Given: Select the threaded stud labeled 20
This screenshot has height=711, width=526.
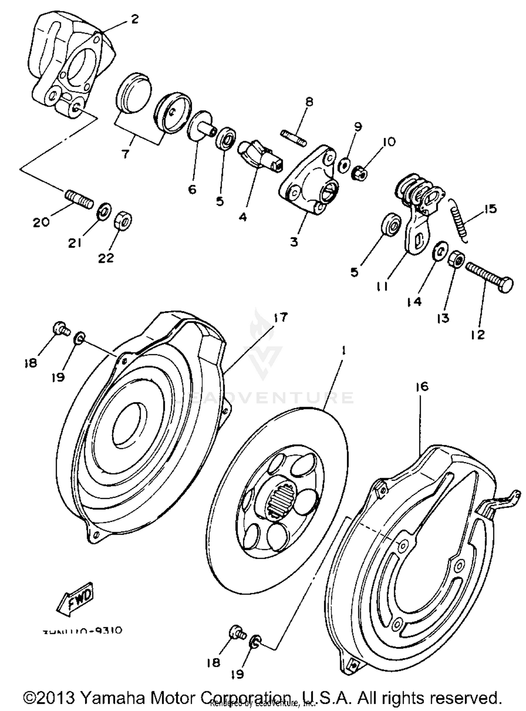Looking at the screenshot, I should point(79,199).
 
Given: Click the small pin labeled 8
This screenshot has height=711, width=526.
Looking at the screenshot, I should point(294,138).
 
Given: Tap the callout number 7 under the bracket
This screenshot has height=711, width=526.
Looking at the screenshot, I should point(125,153).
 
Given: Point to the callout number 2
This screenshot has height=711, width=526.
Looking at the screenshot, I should point(135,19).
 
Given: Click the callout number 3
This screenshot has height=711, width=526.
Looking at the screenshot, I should point(294,242).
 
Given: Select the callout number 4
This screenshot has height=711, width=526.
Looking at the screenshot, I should point(243,217).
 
